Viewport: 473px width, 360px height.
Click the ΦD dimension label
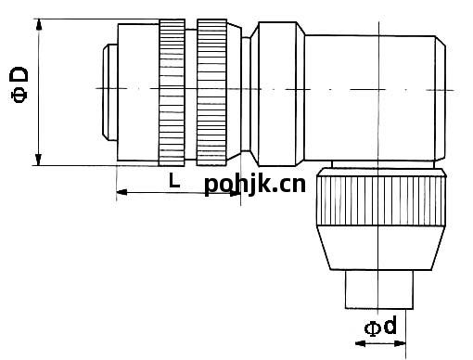click(19, 84)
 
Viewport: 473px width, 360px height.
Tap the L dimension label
click(174, 180)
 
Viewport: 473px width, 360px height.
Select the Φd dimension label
click(380, 326)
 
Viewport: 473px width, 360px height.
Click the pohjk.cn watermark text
click(255, 185)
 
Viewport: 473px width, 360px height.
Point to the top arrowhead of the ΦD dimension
click(39, 24)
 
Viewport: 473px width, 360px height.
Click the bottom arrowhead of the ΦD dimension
click(38, 160)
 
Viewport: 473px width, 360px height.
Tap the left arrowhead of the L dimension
click(121, 192)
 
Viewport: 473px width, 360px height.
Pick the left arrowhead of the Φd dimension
click(361, 343)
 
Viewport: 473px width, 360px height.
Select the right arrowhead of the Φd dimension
click(400, 343)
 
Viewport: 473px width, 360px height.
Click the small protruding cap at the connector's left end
click(110, 92)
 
